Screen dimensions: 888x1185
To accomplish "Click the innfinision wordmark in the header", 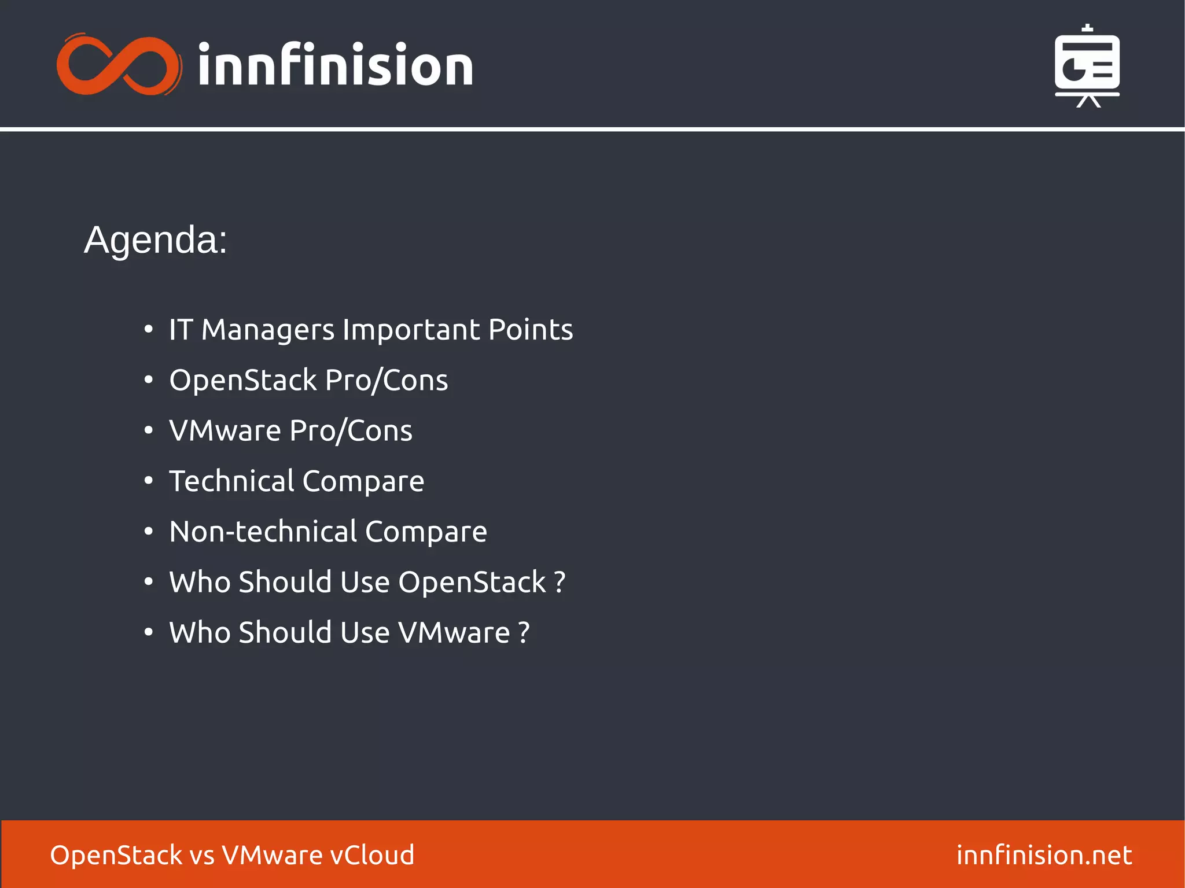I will pyautogui.click(x=336, y=65).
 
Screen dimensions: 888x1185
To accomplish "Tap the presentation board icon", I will pyautogui.click(x=1087, y=66).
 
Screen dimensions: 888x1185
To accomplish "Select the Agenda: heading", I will pyautogui.click(x=156, y=239).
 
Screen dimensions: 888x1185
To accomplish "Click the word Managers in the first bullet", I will pyautogui.click(x=267, y=330).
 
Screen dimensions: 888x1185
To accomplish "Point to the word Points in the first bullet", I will pyautogui.click(x=530, y=330).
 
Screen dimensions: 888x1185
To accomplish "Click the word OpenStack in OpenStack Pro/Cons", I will pyautogui.click(x=243, y=381).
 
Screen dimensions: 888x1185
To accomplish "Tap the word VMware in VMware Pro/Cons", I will pyautogui.click(x=225, y=431).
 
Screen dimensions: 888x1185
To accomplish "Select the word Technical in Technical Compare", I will pyautogui.click(x=231, y=481).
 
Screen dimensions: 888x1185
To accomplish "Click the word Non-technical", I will pyautogui.click(x=263, y=532).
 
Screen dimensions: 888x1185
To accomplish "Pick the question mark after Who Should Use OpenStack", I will pyautogui.click(x=560, y=583).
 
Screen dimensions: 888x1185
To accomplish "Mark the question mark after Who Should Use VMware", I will pyautogui.click(x=524, y=633).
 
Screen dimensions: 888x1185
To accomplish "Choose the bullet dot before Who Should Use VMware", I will pyautogui.click(x=149, y=632).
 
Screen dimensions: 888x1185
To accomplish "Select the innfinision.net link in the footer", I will pyautogui.click(x=1044, y=855).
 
